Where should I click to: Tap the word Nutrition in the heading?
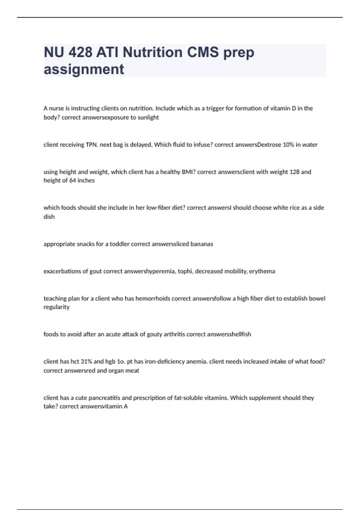point(153,52)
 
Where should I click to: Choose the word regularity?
point(56,307)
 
